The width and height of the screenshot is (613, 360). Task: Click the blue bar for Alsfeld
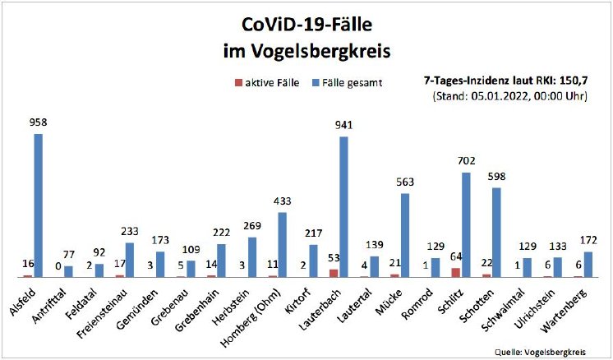pyautogui.click(x=38, y=205)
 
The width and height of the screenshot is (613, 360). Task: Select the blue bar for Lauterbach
pyautogui.click(x=343, y=207)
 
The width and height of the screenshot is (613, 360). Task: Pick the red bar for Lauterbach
pyautogui.click(x=333, y=273)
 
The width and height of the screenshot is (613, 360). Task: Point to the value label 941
pyautogui.click(x=343, y=126)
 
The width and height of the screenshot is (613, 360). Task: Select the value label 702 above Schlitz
pyautogui.click(x=466, y=162)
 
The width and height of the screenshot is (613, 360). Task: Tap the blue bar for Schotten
pyautogui.click(x=496, y=233)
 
